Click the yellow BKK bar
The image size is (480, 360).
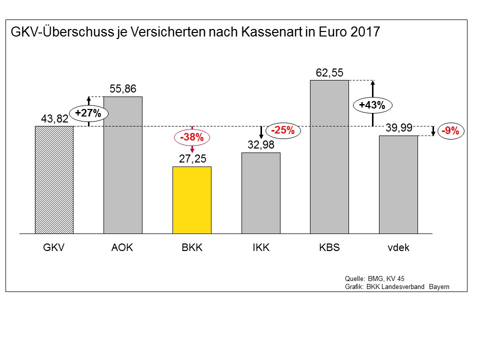192,200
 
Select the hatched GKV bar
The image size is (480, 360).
54,179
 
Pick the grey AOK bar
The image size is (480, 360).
123,165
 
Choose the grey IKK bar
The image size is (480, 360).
260,193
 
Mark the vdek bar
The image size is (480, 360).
398,184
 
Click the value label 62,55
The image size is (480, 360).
329,73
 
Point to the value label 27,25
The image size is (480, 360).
192,159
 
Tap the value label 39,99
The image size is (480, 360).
398,128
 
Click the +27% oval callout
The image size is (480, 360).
88,113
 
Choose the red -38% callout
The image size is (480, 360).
192,136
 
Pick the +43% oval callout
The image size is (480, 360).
372,105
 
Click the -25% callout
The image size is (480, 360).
282,131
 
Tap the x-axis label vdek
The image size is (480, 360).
398,247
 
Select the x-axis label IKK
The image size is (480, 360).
260,247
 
